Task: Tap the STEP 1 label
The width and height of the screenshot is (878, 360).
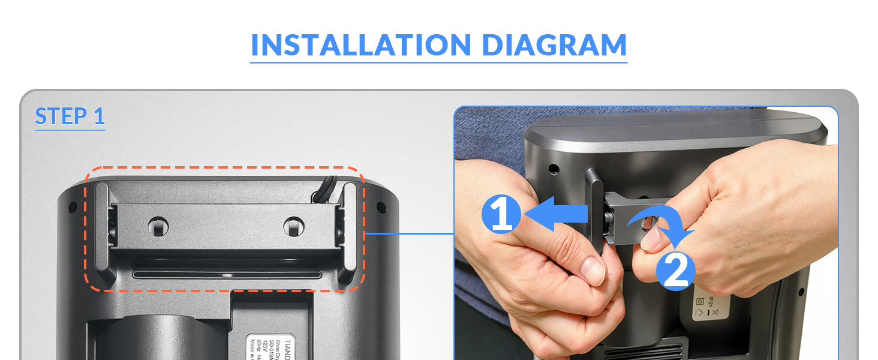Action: pos(70,116)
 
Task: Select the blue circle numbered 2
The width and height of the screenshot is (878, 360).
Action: pos(676,272)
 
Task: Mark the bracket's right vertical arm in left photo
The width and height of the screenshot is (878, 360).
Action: pos(348,231)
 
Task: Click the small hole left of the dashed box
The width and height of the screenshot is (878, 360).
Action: pos(73,208)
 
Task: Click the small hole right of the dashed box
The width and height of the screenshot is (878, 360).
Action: pos(380,208)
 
